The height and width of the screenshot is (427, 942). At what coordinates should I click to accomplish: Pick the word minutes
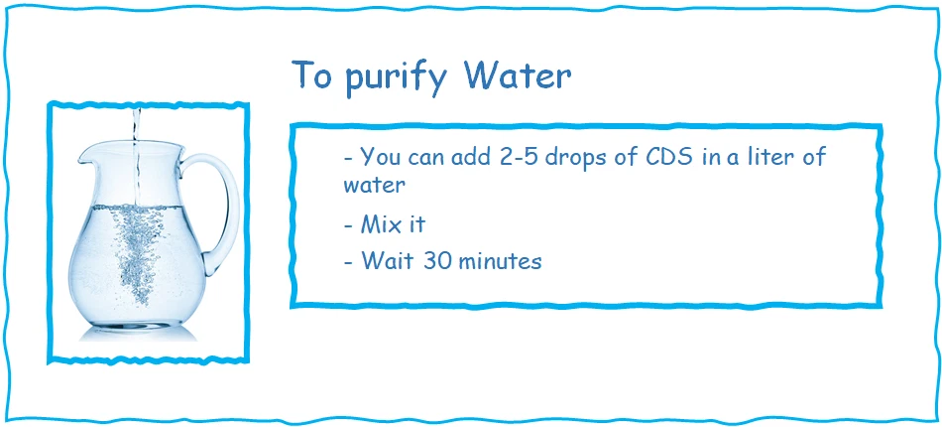502,261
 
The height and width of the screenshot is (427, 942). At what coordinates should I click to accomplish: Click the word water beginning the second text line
375,186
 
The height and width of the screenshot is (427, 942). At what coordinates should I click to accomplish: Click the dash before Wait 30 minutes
347,262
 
